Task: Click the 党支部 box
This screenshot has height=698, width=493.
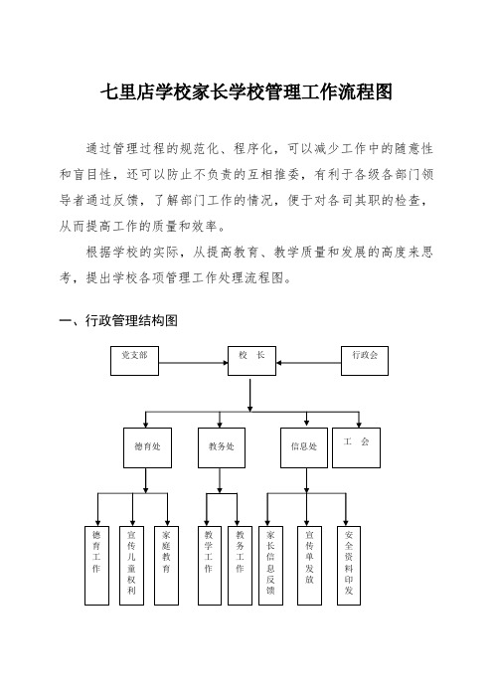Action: [x=134, y=361]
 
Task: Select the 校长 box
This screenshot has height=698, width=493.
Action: [x=251, y=361]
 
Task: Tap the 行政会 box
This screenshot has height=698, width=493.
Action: [x=365, y=361]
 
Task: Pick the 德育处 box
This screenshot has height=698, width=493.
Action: [x=147, y=447]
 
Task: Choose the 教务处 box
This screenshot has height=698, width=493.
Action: [x=222, y=447]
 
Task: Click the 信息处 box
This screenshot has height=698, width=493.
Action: [x=304, y=447]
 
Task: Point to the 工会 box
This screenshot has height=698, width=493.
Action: [x=357, y=447]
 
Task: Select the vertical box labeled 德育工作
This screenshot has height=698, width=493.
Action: [x=96, y=566]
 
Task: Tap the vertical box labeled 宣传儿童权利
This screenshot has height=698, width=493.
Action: [x=131, y=566]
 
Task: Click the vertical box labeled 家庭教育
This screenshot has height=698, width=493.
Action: [x=166, y=566]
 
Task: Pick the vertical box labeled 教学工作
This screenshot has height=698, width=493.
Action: [x=209, y=566]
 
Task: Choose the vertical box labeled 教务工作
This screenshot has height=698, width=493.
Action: [x=240, y=566]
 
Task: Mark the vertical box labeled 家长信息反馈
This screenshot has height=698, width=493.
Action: [x=270, y=566]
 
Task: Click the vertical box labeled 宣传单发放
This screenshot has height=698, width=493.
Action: [x=309, y=566]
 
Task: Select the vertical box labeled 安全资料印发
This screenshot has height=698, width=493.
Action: [x=349, y=566]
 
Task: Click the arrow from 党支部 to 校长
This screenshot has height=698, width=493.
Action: [x=194, y=363]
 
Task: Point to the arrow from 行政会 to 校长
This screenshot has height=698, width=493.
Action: [x=309, y=363]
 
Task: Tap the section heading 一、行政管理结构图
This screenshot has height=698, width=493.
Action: [x=118, y=320]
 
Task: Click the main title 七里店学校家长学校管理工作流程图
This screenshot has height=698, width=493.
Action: [x=246, y=92]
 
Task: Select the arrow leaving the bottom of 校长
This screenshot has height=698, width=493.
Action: [x=250, y=396]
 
